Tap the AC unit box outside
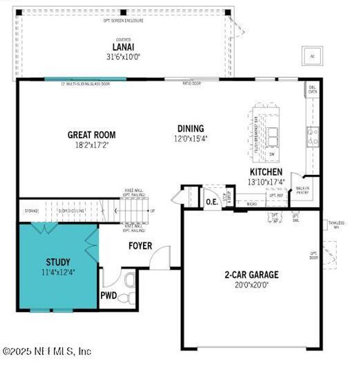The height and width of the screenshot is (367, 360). tap(312, 56)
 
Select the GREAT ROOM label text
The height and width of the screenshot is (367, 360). tap(91, 135)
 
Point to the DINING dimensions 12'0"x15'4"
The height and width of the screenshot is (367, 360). tap(190, 138)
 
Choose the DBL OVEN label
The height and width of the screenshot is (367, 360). tap(313, 90)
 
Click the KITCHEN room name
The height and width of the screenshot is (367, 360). tap(266, 172)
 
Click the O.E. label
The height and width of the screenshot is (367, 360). tap(212, 201)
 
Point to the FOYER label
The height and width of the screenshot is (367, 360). tap(141, 246)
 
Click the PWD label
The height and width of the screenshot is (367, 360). tap(108, 295)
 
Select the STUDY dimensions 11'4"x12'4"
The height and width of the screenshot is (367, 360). tap(57, 272)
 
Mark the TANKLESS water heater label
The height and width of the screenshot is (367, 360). tap(336, 224)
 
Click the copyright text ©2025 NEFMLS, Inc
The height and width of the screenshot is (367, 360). tap(47, 351)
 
